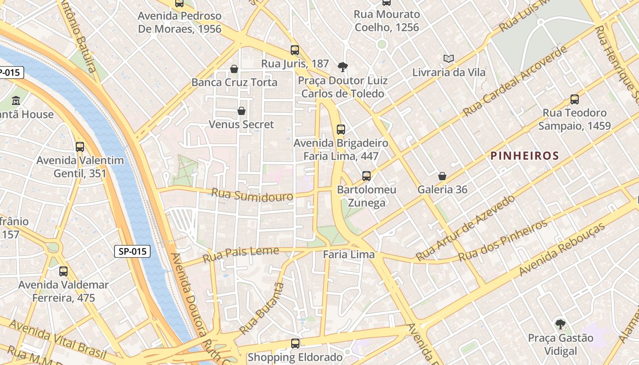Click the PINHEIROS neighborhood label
[524, 156]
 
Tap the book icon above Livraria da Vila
[449, 59]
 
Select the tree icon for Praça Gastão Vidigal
[560, 324]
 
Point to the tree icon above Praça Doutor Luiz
[342, 67]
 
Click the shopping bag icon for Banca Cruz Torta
[234, 69]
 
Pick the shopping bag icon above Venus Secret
[241, 111]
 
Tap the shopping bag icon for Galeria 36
[442, 176]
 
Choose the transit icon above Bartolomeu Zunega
[366, 176]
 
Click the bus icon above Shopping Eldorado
[295, 344]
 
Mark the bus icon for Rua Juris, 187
[295, 50]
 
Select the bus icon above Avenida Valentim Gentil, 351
[80, 147]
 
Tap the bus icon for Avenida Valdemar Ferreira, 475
[63, 271]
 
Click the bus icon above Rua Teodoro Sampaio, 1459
[574, 99]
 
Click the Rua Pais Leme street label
[241, 254]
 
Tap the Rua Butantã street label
[262, 308]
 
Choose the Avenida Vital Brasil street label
[58, 339]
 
